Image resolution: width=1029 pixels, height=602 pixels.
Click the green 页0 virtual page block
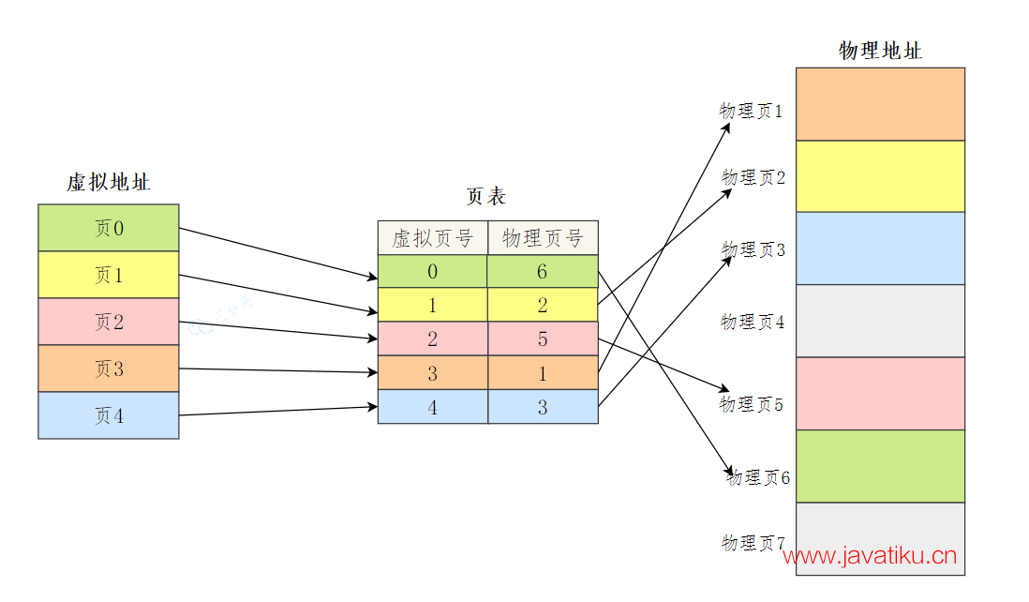108,228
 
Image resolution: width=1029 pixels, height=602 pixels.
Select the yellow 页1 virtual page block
108,275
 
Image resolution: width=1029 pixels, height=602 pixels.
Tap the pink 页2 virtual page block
108,322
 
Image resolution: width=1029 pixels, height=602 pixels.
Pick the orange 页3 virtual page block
108,369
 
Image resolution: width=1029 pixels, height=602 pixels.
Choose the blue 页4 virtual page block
108,415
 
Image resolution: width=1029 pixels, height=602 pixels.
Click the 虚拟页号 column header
432,238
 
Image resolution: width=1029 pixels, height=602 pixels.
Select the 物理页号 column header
543,238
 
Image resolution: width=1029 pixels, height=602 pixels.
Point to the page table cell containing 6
543,272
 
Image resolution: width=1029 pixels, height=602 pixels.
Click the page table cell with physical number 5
543,339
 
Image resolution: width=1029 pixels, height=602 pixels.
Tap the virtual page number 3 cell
432,373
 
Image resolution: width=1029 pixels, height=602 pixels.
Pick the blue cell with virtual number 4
432,407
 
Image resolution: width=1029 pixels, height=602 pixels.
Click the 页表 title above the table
485,196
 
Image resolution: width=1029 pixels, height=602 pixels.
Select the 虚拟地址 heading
108,182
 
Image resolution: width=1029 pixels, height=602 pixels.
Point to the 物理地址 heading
880,51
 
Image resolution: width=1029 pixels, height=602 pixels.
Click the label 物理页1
751,111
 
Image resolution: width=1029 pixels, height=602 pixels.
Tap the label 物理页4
753,322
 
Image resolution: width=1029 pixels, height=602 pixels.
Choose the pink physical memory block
880,393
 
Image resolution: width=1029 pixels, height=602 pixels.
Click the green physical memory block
880,466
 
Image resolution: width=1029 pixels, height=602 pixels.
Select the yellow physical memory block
880,176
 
